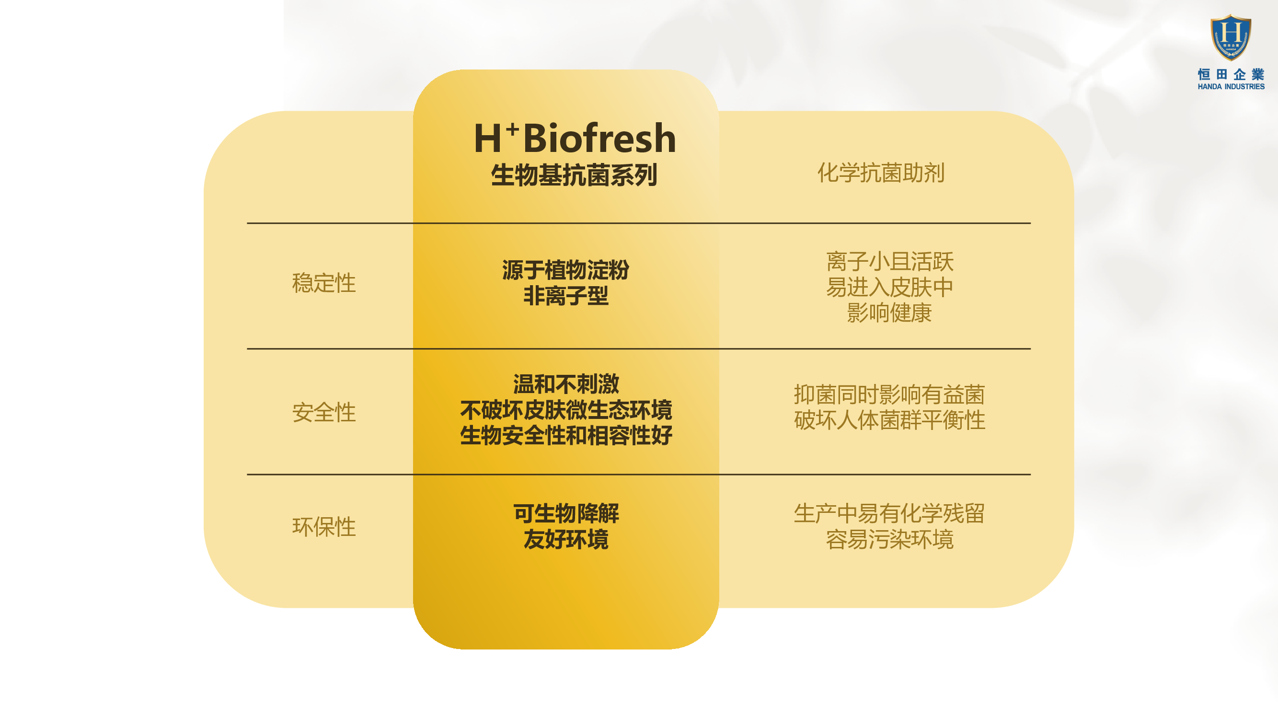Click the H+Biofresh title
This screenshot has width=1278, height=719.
[x=575, y=138]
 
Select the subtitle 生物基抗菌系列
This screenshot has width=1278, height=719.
[x=575, y=175]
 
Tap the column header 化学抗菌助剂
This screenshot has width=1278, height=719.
[x=881, y=173]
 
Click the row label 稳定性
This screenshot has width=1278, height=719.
[x=324, y=283]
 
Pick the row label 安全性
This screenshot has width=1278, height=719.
[x=324, y=412]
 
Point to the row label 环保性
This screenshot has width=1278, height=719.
[x=324, y=526]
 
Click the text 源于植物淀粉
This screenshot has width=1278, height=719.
[x=565, y=270]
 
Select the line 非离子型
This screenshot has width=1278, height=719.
[x=565, y=296]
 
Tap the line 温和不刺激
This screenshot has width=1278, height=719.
[x=565, y=384]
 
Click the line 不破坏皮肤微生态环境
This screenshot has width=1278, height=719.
[x=565, y=410]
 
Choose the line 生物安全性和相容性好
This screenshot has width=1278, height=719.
[x=565, y=436]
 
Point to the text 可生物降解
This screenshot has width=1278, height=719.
[x=565, y=513]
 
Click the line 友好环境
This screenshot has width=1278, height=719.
[x=565, y=539]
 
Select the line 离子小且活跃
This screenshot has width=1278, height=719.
[x=889, y=261]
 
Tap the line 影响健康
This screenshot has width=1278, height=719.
[x=889, y=313]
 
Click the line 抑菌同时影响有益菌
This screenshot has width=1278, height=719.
[x=889, y=394]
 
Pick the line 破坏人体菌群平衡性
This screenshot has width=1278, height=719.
[x=889, y=420]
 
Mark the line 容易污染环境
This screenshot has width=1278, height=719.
[x=889, y=539]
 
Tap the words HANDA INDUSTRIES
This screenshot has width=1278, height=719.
[x=1231, y=86]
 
